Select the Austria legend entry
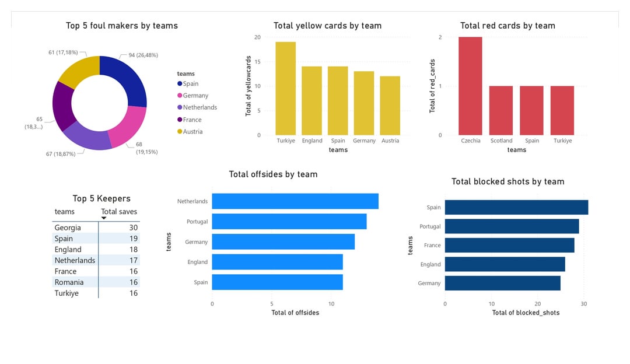(x=192, y=132)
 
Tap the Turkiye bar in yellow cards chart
(x=286, y=88)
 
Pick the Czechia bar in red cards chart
(x=470, y=86)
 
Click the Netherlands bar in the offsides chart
(x=295, y=201)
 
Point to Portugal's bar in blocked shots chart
(x=512, y=226)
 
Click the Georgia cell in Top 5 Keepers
(x=68, y=228)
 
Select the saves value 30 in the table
(x=134, y=228)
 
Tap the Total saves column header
(x=119, y=212)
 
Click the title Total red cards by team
(x=508, y=26)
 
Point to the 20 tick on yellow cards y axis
(x=257, y=37)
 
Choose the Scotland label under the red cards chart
(x=501, y=141)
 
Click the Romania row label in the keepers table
(x=69, y=282)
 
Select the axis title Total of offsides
(x=295, y=313)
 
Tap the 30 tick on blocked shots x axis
(x=584, y=303)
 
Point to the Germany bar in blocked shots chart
(x=502, y=283)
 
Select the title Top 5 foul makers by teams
(x=122, y=26)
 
